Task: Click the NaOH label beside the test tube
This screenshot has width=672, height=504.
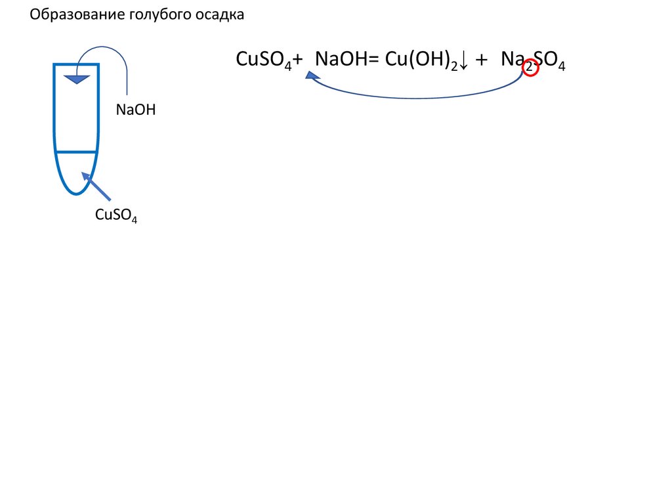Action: point(135,110)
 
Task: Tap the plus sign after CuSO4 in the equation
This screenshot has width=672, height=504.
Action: point(298,60)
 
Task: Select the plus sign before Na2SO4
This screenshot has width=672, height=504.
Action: point(482,60)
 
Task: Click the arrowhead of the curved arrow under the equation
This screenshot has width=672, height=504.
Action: point(313,76)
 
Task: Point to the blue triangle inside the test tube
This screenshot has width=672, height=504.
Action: point(77,79)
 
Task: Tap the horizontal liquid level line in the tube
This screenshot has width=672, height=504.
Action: point(75,152)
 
